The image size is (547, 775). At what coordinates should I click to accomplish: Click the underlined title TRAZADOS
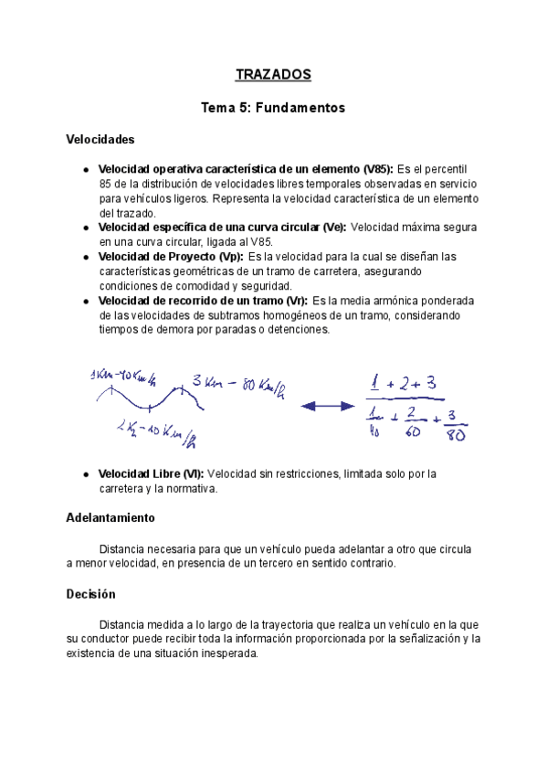[273, 74]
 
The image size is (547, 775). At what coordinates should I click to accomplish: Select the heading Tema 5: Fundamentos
[273, 108]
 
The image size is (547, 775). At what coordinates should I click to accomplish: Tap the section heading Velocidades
[100, 140]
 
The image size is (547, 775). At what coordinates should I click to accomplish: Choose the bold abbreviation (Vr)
[292, 301]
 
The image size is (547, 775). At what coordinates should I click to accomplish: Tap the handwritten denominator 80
[454, 435]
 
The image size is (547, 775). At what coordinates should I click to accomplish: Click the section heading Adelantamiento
[110, 517]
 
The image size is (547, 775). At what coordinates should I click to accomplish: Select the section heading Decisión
[91, 593]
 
